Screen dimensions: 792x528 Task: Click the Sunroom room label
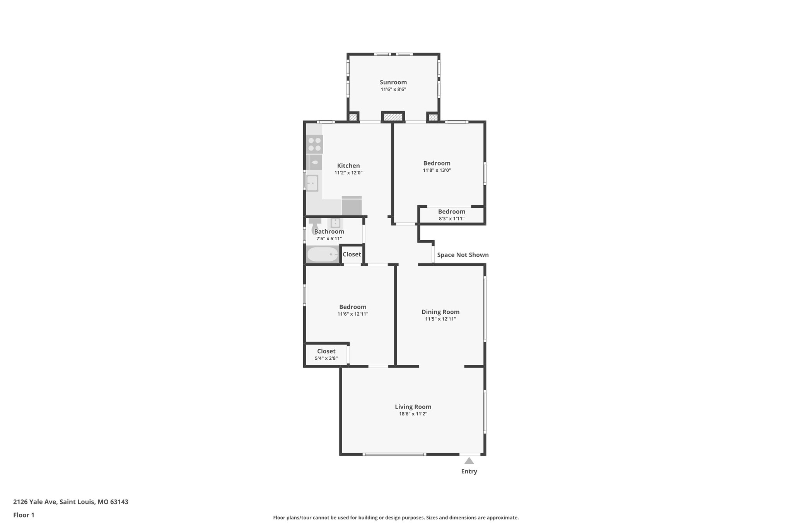pyautogui.click(x=393, y=82)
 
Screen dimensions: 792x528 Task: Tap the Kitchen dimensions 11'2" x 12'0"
pyautogui.click(x=348, y=173)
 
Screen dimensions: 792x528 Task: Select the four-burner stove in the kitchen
pyautogui.click(x=314, y=144)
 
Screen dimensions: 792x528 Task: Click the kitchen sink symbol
pyautogui.click(x=312, y=183)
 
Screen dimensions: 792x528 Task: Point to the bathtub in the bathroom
pyautogui.click(x=323, y=254)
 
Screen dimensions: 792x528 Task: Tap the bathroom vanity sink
pyautogui.click(x=335, y=223)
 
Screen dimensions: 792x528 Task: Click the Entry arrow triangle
pyautogui.click(x=469, y=461)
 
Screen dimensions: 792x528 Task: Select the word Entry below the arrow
pyautogui.click(x=469, y=472)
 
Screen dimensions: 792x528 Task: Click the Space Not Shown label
pyautogui.click(x=463, y=255)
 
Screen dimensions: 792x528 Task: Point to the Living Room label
pyautogui.click(x=413, y=407)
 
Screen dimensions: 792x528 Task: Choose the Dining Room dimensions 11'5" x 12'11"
pyautogui.click(x=440, y=319)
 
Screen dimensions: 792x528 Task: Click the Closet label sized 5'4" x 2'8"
pyautogui.click(x=326, y=351)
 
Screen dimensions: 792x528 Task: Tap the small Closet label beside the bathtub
pyautogui.click(x=352, y=255)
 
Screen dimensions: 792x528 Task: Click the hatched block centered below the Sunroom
pyautogui.click(x=393, y=116)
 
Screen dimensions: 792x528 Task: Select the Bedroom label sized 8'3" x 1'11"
pyautogui.click(x=452, y=212)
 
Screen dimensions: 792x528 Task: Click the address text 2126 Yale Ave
pyautogui.click(x=35, y=502)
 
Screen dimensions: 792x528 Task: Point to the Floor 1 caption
pyautogui.click(x=24, y=515)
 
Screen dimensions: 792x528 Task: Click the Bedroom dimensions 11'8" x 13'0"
pyautogui.click(x=437, y=170)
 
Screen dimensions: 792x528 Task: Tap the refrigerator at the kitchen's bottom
pyautogui.click(x=352, y=205)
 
